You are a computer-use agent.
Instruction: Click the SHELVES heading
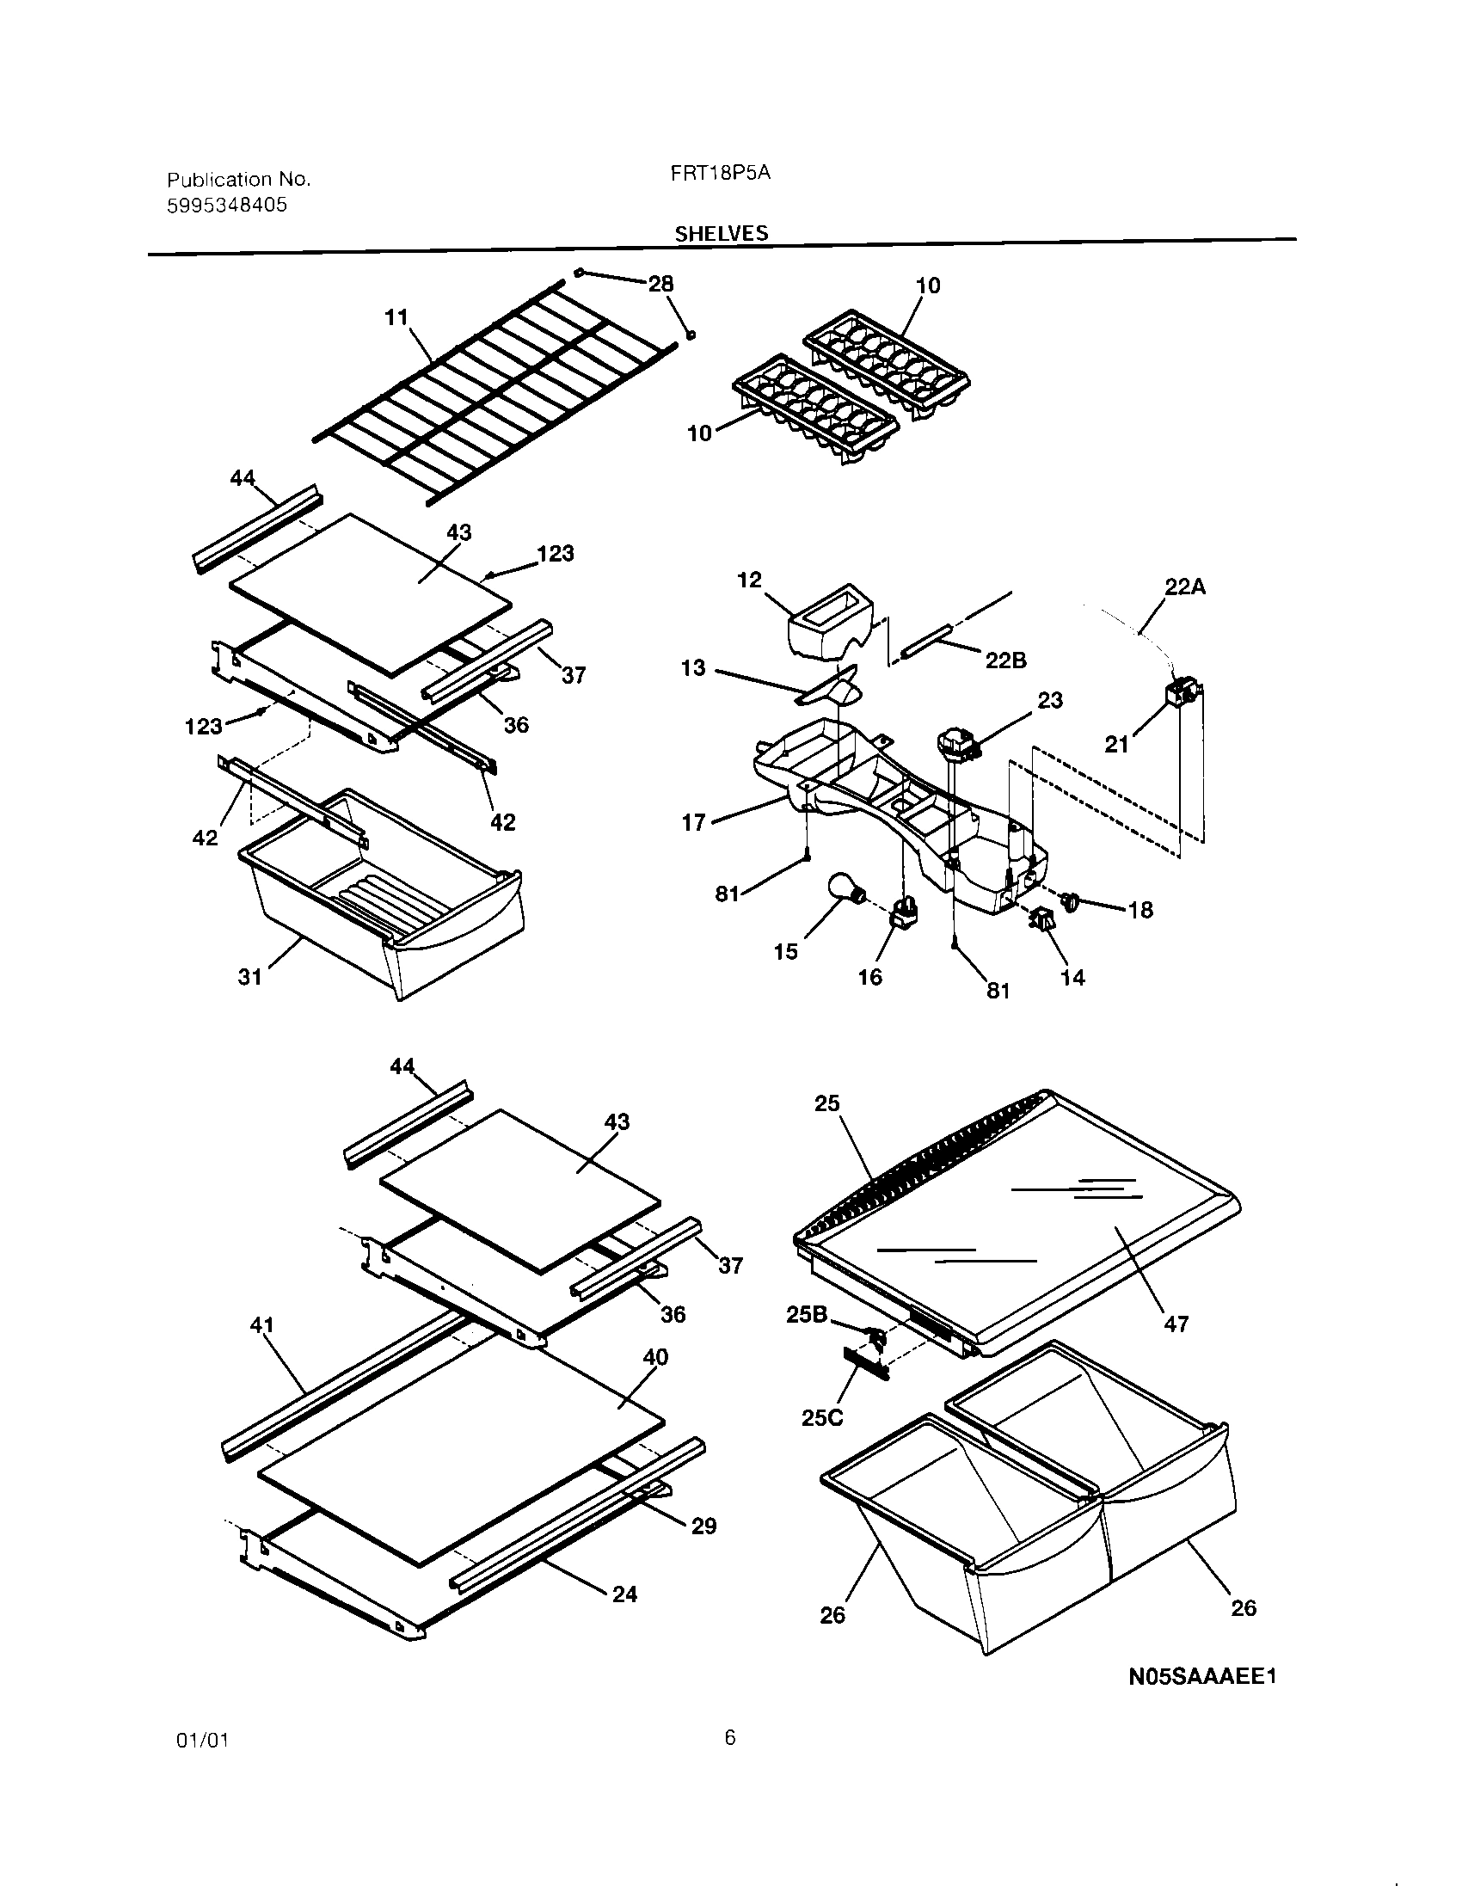click(x=721, y=233)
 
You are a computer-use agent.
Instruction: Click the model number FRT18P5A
click(x=720, y=172)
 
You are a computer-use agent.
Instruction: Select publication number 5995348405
click(x=226, y=206)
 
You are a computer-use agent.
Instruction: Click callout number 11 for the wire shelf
click(x=396, y=318)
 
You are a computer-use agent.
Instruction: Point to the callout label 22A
click(x=1185, y=587)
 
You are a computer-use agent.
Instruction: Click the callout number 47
click(x=1176, y=1323)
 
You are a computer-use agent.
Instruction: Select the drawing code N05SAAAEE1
click(x=1202, y=1676)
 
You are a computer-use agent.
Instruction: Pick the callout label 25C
click(x=822, y=1418)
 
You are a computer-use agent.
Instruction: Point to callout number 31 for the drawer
click(x=249, y=977)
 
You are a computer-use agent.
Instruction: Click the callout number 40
click(x=655, y=1357)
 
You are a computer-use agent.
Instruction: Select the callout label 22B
click(x=1005, y=660)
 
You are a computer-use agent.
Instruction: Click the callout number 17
click(x=694, y=822)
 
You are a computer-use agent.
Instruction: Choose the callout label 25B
click(x=807, y=1315)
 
